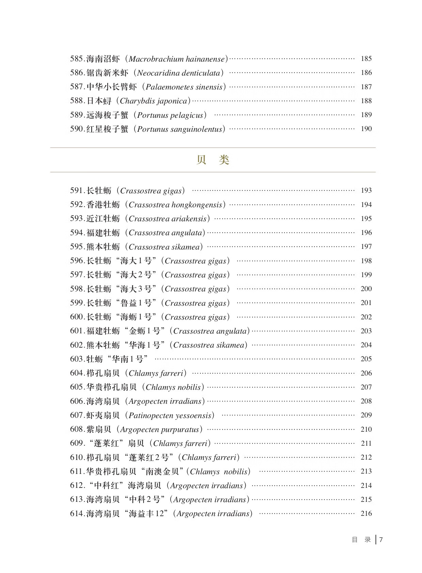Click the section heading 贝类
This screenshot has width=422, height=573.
click(x=213, y=160)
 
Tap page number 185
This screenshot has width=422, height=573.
click(x=366, y=59)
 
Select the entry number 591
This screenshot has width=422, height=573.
click(x=77, y=191)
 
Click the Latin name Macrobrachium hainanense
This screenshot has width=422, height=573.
click(x=177, y=59)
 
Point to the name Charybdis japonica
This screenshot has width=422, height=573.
click(x=153, y=101)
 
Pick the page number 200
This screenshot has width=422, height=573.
click(x=366, y=289)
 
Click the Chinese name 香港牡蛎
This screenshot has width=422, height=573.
click(x=103, y=205)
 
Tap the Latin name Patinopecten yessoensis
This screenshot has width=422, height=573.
click(x=171, y=415)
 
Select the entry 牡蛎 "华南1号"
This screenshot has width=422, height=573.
click(x=117, y=359)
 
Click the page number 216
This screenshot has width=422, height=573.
click(x=366, y=513)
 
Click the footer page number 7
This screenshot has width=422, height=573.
click(x=381, y=540)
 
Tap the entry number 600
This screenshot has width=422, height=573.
click(x=77, y=317)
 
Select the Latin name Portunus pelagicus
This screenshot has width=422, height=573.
click(x=170, y=115)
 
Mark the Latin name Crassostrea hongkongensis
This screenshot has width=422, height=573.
click(x=175, y=205)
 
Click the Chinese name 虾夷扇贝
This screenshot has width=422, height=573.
click(x=103, y=415)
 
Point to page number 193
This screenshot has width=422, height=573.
click(x=366, y=191)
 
